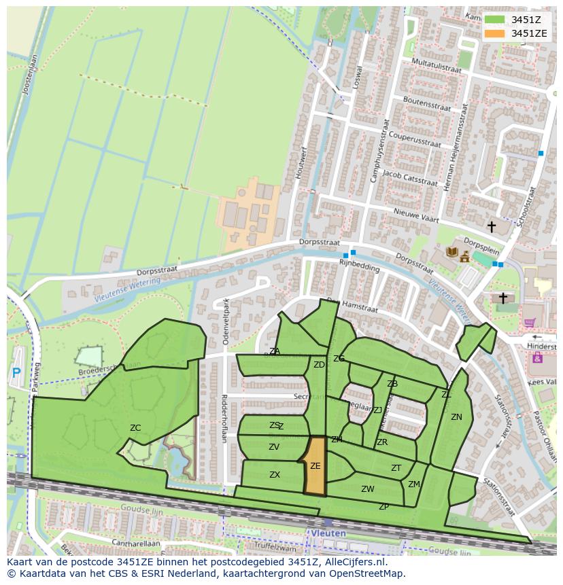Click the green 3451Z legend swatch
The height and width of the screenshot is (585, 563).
tap(494, 20)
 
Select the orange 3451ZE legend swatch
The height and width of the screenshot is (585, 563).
tap(494, 33)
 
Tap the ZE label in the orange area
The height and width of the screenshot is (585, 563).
tap(315, 466)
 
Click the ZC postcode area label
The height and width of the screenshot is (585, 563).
tap(135, 428)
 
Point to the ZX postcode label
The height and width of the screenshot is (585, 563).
tap(275, 475)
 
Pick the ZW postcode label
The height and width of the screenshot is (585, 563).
tap(368, 489)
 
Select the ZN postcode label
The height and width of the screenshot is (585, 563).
tap(456, 417)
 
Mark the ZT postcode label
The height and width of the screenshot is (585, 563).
tap(396, 468)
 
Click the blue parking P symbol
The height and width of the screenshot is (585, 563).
tap(16, 372)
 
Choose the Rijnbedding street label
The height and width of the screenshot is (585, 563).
tap(360, 267)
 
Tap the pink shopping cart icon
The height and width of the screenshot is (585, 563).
tap(529, 323)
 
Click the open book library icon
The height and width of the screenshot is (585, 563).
tap(451, 252)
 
